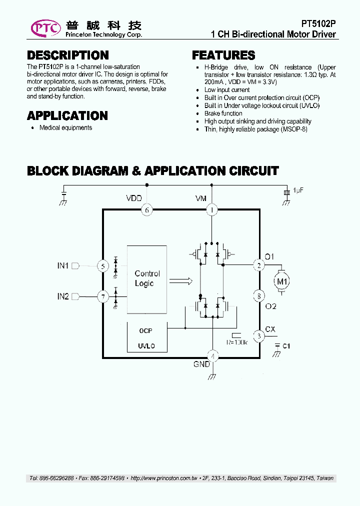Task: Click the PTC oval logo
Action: pos(46,28)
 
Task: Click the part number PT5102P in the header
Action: pos(318,23)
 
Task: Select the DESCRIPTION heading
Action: pos(67,55)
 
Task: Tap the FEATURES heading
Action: pos(223,55)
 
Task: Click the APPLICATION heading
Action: pos(67,116)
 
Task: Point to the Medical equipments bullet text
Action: pos(65,128)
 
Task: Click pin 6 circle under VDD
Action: pos(146,210)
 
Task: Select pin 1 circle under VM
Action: pos(212,210)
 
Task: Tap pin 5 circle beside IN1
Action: pos(103,266)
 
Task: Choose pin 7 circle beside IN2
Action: pos(103,297)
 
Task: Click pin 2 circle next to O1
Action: pos(259,265)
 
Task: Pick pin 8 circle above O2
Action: pos(259,296)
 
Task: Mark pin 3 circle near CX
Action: pos(259,336)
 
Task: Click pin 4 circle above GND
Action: pos(212,356)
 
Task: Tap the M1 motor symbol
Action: pos(283,281)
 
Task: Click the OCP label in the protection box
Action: pos(145,331)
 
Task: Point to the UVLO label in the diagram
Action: pos(146,346)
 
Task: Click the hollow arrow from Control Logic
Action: pos(181,281)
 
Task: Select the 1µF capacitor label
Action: pos(298,190)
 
